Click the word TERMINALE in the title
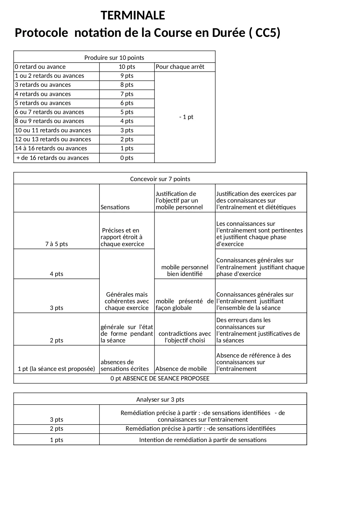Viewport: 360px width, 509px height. point(133,15)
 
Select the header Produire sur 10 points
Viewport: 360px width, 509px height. point(114,58)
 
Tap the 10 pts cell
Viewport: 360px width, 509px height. point(127,67)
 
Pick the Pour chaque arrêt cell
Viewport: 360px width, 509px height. point(180,67)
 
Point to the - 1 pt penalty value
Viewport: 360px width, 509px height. point(186,117)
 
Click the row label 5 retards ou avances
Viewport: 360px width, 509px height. point(43,103)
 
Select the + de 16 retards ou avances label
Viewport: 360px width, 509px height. point(53,158)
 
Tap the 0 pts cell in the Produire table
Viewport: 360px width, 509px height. point(127,158)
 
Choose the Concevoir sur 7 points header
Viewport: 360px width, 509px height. point(160,179)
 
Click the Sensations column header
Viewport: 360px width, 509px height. point(115,207)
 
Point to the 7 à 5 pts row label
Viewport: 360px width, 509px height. point(57,244)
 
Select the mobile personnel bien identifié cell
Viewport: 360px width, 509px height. point(185,270)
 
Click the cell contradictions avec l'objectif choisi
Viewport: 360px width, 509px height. point(185,337)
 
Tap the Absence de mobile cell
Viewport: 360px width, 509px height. point(181,369)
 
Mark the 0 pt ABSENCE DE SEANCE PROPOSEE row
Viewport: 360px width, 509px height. point(160,378)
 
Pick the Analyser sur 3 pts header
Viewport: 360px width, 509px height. point(160,400)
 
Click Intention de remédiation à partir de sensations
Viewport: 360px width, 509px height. point(203,440)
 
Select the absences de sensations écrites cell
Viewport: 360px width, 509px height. point(125,365)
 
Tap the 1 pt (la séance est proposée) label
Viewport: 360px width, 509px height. point(57,369)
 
